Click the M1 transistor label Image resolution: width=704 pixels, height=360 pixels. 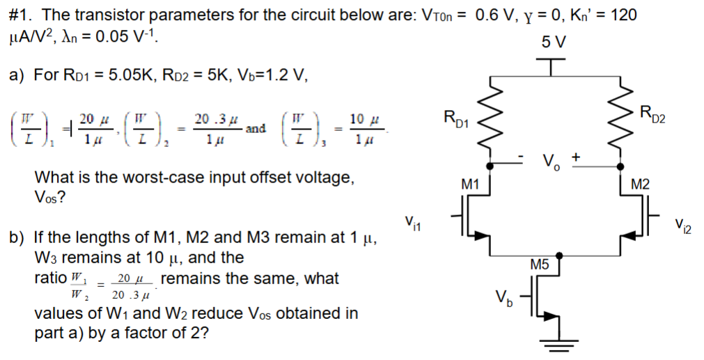pyautogui.click(x=471, y=184)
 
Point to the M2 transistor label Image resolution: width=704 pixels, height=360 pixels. pyautogui.click(x=640, y=184)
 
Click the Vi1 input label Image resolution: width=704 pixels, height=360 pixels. pyautogui.click(x=412, y=224)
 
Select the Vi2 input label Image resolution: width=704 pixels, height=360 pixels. pyautogui.click(x=683, y=224)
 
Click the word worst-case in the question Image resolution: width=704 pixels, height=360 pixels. pyautogui.click(x=170, y=178)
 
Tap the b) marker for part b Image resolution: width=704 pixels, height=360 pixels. pyautogui.click(x=17, y=237)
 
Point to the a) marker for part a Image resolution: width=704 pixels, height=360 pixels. pyautogui.click(x=17, y=75)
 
